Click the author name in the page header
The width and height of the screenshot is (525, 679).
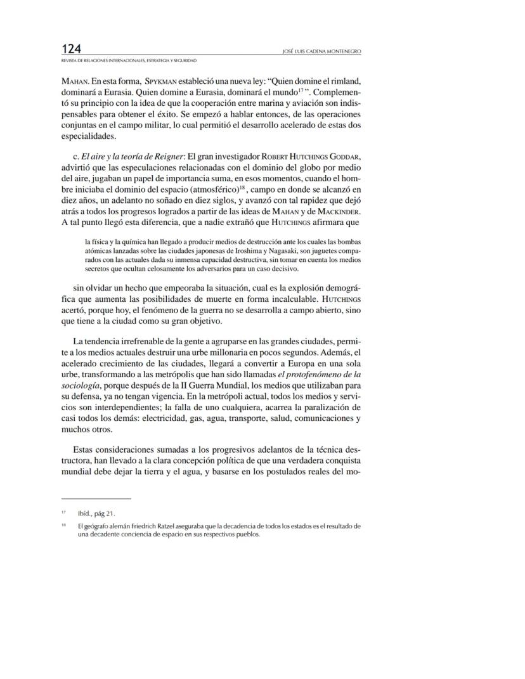coord(321,52)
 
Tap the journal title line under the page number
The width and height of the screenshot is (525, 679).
coord(129,60)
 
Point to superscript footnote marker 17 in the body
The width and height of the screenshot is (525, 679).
coord(302,91)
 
